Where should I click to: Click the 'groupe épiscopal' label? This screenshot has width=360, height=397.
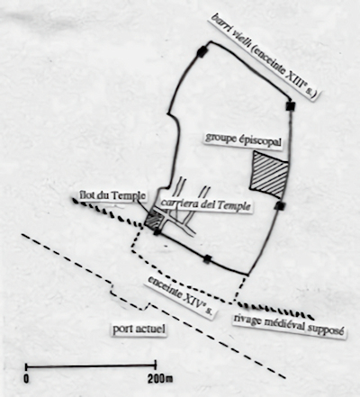243,140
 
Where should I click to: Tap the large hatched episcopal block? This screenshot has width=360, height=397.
269,175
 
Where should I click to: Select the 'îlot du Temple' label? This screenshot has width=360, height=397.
112,195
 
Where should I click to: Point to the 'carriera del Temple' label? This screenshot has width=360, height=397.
205,204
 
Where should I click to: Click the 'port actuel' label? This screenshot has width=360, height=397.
139,329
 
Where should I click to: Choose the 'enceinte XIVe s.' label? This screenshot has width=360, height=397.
181,297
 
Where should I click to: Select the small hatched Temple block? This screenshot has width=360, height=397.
153,219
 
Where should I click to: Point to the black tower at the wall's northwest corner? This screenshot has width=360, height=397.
201,51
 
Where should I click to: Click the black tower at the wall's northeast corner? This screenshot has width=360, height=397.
291,105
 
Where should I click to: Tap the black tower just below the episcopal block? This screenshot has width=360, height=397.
280,206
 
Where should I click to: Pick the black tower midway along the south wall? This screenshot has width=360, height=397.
207,258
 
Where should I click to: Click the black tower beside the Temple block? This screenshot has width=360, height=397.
157,232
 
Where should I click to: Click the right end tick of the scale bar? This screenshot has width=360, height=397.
156,365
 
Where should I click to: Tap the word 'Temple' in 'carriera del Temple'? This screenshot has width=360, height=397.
234,206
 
